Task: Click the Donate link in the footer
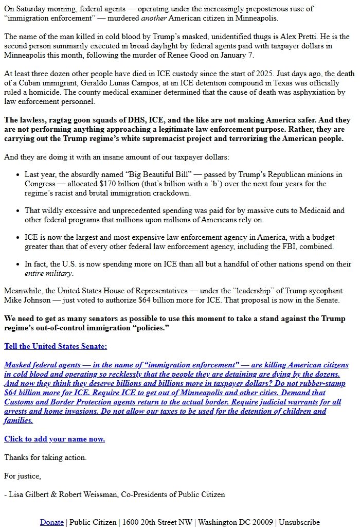pos(52,522)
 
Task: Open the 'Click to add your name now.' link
pos(55,439)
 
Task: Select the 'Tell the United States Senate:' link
pos(56,346)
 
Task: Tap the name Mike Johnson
pos(26,300)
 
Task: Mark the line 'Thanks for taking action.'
pos(45,457)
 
